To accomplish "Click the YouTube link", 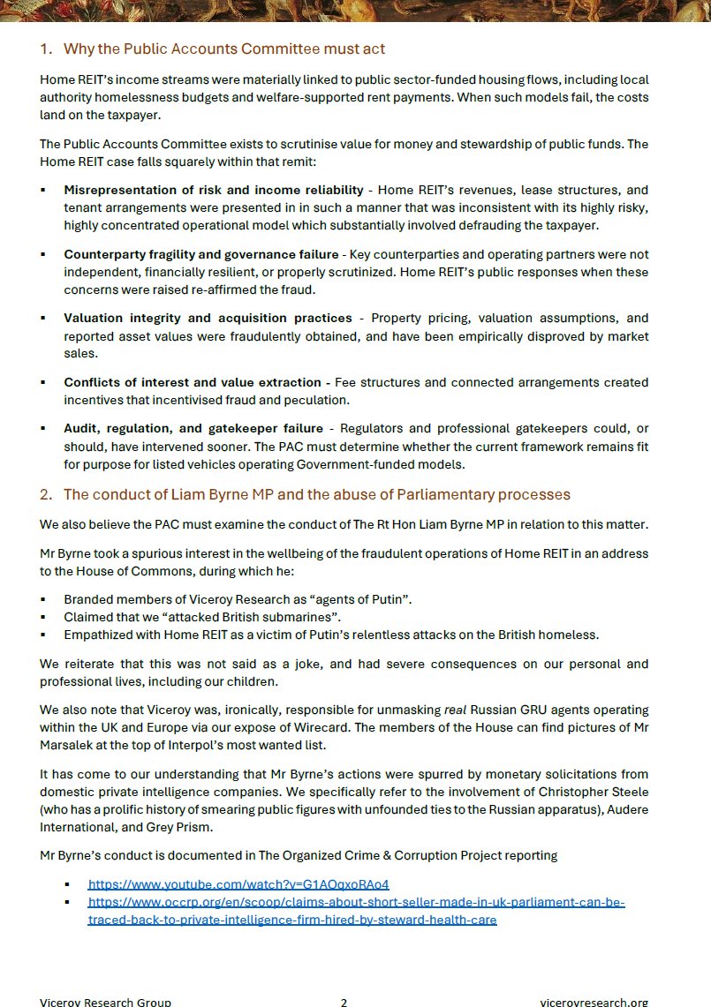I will [238, 883].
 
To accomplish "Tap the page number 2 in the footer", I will [344, 1002].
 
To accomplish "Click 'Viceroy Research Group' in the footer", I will [105, 1002].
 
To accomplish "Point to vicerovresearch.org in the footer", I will [594, 1002].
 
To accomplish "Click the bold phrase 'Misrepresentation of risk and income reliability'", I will [213, 190].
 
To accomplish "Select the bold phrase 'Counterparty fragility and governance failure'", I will [200, 254].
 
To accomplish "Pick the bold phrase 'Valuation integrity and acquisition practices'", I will [208, 318].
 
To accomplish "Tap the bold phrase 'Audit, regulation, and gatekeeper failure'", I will [193, 428].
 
